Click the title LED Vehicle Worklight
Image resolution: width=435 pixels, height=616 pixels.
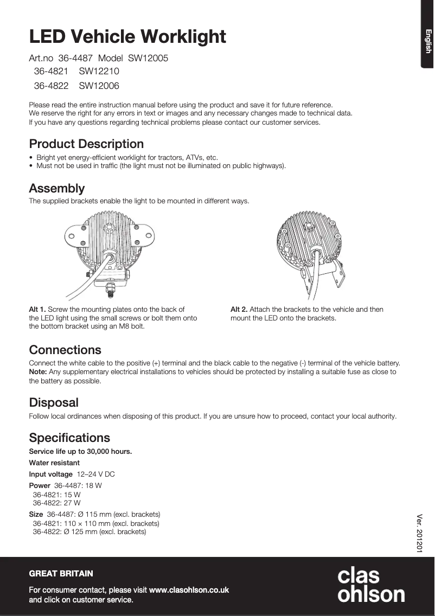127,37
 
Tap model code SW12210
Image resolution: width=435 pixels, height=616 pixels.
99,71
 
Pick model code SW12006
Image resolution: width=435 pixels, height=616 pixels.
99,86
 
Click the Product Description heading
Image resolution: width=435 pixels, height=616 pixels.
86,144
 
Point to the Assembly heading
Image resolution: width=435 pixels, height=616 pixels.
57,189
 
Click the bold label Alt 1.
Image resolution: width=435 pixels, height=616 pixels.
37,310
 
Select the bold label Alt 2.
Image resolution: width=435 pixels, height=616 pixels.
239,310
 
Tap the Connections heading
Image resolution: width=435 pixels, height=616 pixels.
65,350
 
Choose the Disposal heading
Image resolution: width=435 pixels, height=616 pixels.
54,403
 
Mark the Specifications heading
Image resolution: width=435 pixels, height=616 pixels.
69,438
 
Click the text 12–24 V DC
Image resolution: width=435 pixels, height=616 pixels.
96,474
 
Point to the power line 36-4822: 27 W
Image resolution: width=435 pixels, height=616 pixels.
56,503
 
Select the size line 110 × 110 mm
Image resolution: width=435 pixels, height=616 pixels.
96,524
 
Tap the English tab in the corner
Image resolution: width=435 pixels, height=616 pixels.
428,41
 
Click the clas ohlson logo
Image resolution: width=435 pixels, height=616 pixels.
371,585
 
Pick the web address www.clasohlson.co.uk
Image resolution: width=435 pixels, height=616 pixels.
189,590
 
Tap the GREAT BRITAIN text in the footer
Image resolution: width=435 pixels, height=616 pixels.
61,574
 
